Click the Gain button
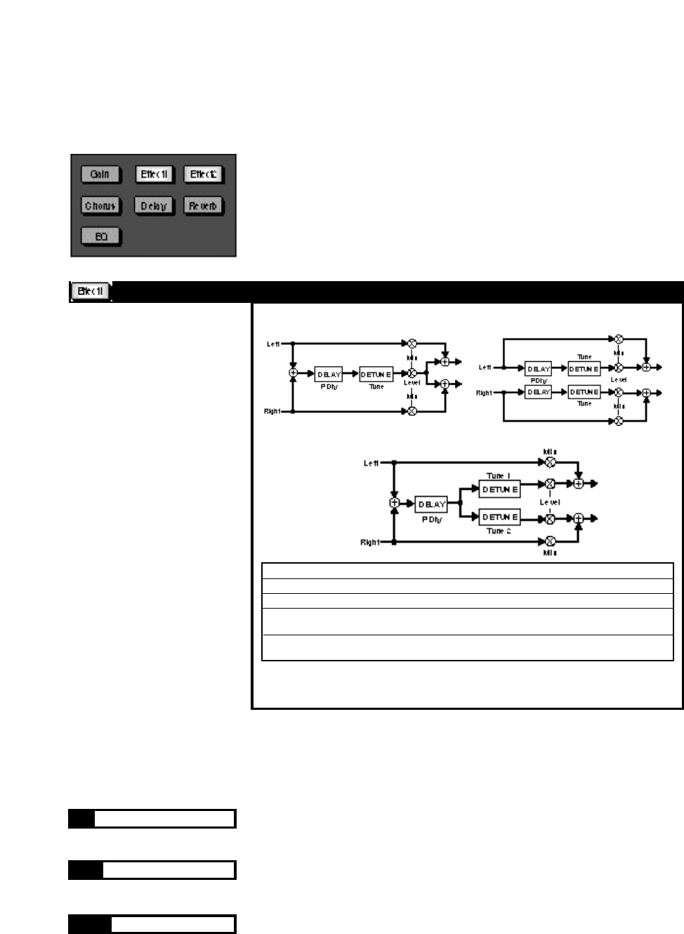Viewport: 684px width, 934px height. [100, 174]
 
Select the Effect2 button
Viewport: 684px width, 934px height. [203, 174]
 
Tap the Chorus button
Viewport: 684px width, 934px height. [100, 206]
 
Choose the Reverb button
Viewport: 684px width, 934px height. [203, 206]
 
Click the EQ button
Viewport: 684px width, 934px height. [100, 237]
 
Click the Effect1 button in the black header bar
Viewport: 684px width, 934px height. [91, 291]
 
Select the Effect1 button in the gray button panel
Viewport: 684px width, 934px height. [154, 174]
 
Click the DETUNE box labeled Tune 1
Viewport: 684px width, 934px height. [499, 489]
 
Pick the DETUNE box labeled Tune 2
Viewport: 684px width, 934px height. [499, 517]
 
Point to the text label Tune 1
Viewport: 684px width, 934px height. [498, 476]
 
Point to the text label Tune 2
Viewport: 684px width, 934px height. [498, 531]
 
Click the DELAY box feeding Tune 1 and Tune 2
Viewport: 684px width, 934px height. [431, 504]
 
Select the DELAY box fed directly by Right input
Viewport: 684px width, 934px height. [539, 392]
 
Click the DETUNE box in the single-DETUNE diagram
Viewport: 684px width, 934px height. [376, 375]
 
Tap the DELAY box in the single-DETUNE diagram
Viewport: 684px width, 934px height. [329, 375]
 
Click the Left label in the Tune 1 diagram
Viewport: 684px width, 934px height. [371, 463]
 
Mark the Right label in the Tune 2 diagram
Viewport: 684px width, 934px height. [369, 543]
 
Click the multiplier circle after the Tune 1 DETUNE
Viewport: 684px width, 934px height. [550, 484]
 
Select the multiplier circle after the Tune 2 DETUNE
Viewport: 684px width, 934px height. [550, 519]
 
